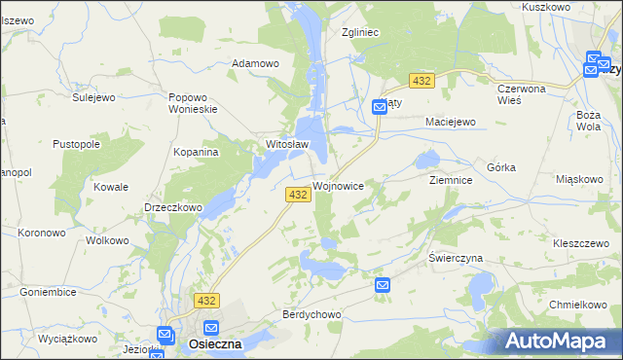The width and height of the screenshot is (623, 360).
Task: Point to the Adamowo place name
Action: coord(255,63)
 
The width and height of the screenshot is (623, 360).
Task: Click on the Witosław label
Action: coord(287,145)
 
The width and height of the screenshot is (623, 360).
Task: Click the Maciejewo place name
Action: coord(449,122)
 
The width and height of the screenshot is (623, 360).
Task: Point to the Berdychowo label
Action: coord(311,314)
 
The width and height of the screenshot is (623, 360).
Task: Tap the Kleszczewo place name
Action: coord(580,243)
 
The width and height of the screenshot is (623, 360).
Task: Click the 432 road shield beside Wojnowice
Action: coord(298,196)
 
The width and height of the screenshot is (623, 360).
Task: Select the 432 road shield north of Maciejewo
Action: coord(421,81)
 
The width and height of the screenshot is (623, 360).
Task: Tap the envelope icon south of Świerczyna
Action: coord(383,285)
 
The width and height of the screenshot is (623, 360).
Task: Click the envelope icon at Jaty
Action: coord(380,108)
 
